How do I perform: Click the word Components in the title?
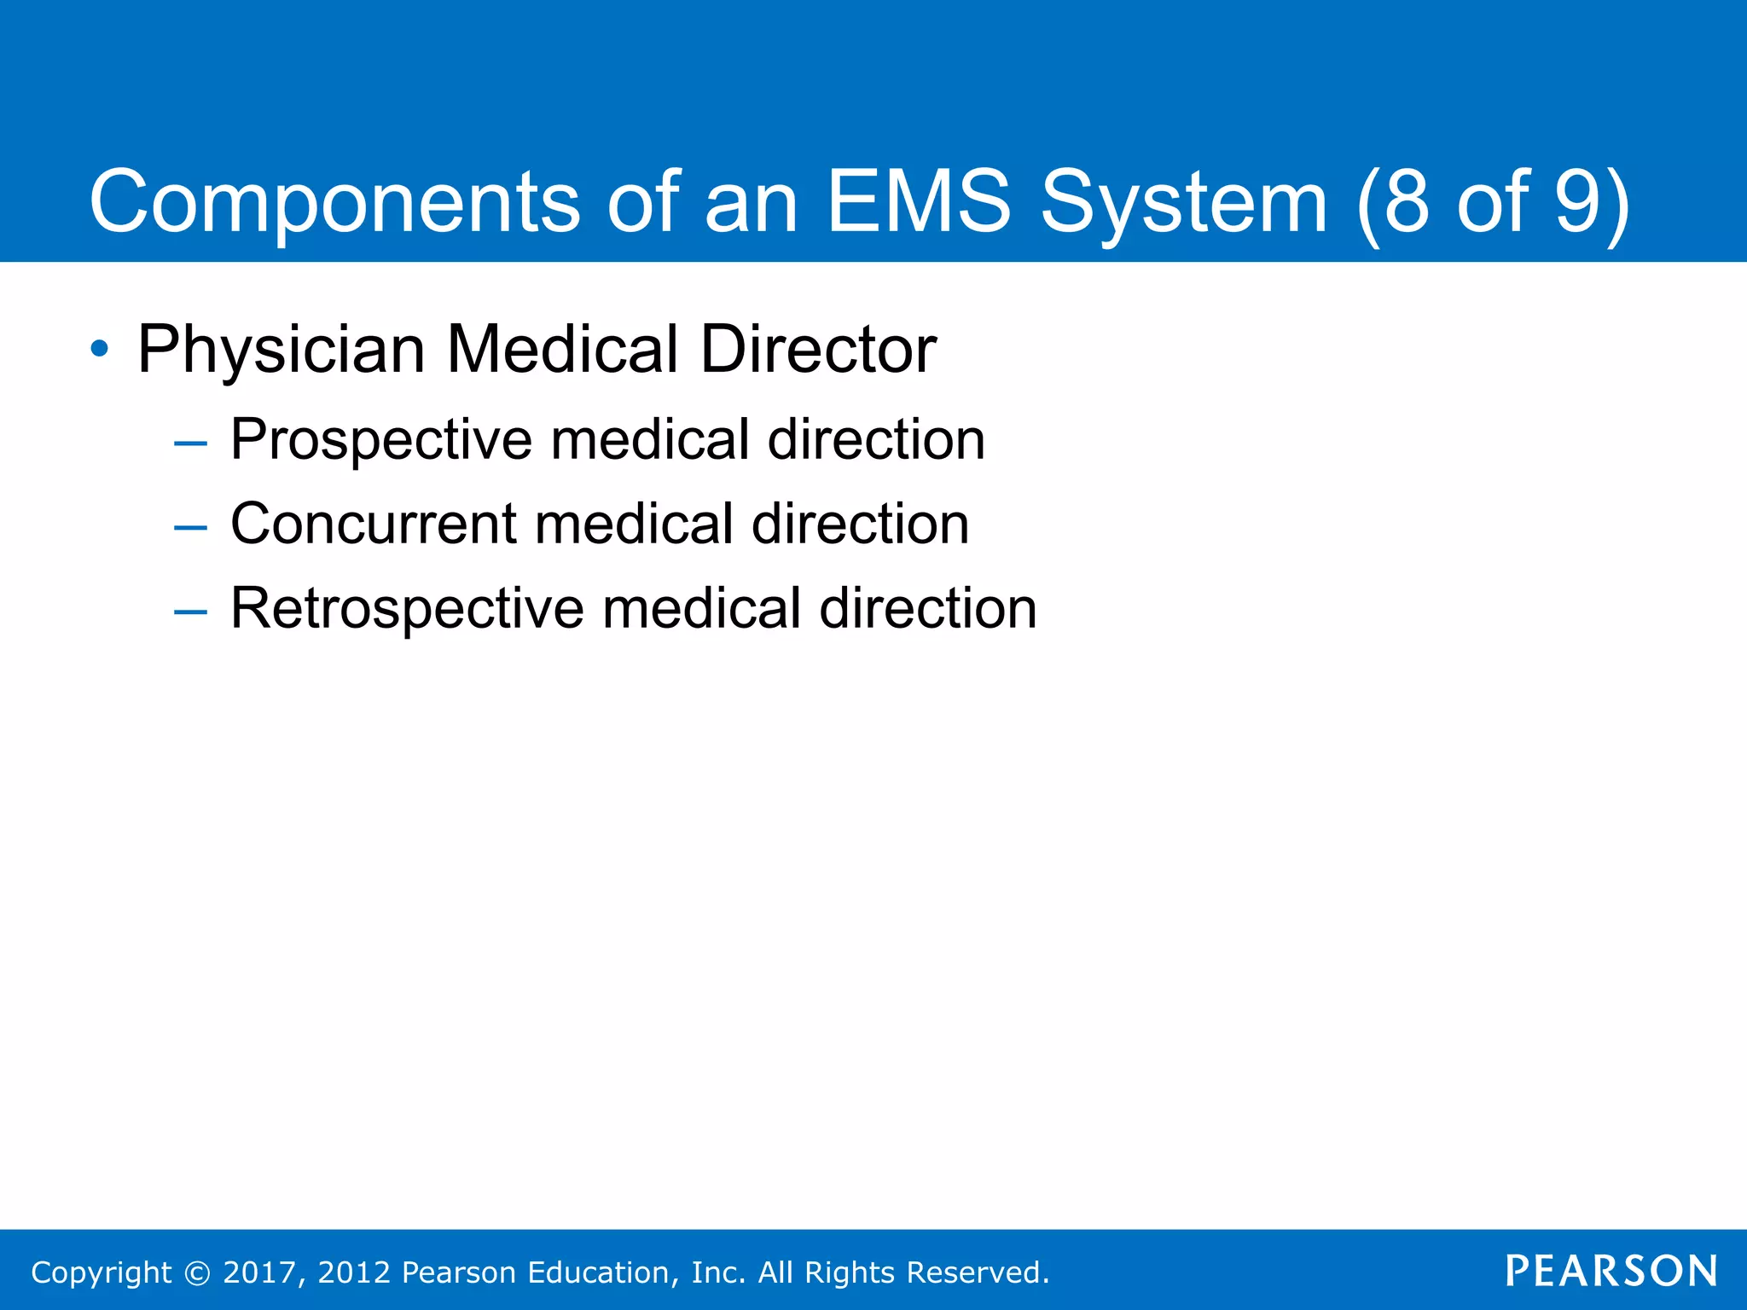coord(334,203)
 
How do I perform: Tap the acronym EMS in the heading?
coord(919,201)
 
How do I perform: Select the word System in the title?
coord(1184,203)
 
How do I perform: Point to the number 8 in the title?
coord(1407,201)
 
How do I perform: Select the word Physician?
coord(281,350)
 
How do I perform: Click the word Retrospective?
coord(407,609)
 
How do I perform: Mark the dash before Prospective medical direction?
coord(189,443)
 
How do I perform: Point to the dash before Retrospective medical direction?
coord(189,612)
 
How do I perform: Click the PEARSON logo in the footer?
coord(1611,1271)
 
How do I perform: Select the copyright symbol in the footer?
coord(197,1272)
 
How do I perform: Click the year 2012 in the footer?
coord(354,1272)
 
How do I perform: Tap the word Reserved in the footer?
coord(977,1272)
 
